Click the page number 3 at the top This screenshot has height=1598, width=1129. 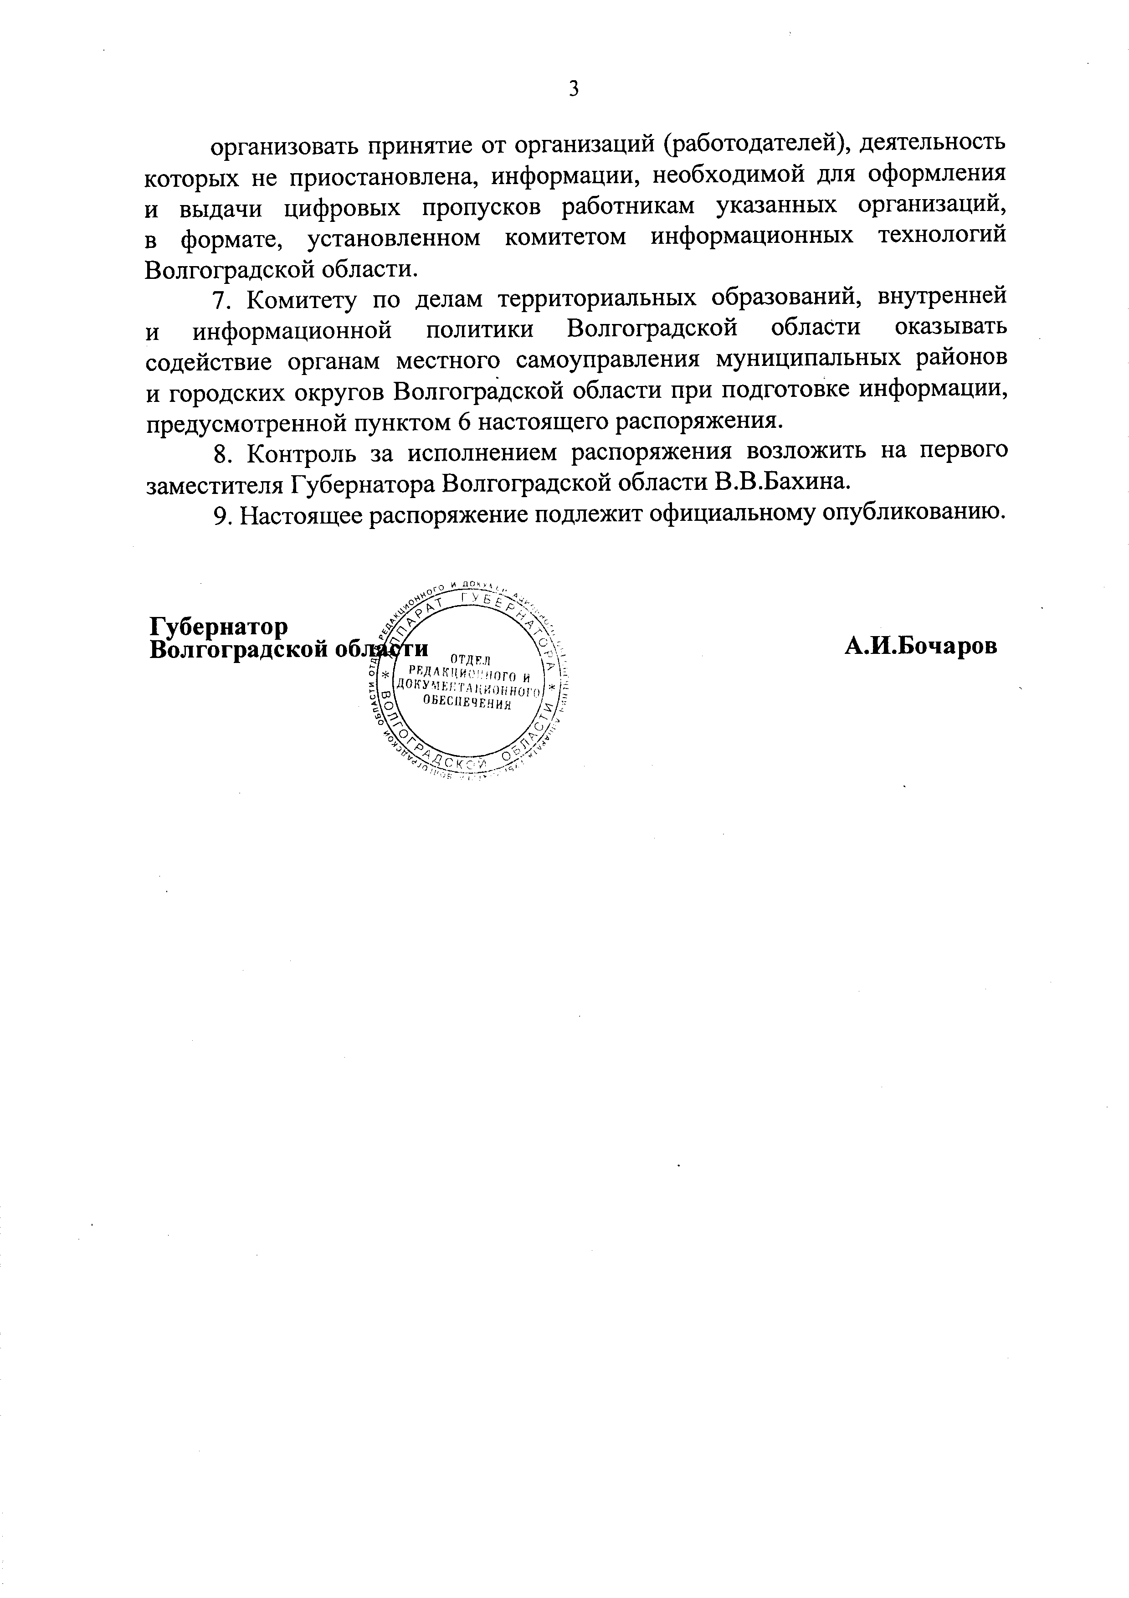(x=574, y=89)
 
